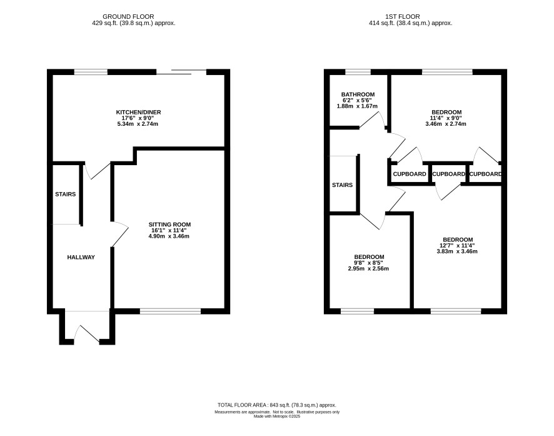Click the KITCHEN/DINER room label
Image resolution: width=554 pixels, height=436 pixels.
tap(139, 113)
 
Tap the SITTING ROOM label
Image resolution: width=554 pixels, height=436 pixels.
tap(169, 225)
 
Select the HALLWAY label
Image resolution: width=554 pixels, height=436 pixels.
tap(81, 257)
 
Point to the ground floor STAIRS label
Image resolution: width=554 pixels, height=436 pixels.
tap(66, 195)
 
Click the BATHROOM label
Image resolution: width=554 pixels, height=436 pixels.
tap(358, 94)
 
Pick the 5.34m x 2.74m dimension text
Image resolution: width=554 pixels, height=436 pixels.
tap(138, 124)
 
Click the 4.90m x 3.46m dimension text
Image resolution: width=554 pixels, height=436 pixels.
tap(169, 236)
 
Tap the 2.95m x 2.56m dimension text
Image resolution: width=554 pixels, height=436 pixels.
tap(368, 268)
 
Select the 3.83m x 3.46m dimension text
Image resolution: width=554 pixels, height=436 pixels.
tap(457, 251)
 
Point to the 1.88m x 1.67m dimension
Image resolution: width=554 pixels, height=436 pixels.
tap(357, 106)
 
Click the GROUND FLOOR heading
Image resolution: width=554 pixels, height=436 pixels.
tap(128, 17)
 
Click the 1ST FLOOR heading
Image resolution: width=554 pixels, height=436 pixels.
tap(403, 17)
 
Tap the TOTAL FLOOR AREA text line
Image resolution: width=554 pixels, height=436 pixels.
tap(276, 405)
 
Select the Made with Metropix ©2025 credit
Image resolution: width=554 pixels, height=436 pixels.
tap(276, 417)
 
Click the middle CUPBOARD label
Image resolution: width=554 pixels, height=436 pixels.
tap(449, 174)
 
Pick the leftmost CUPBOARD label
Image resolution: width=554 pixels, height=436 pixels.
tap(410, 174)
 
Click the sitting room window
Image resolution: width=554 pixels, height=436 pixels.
tap(170, 312)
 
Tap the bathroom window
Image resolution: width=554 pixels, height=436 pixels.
tap(358, 72)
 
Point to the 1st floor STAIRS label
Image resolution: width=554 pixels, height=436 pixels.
tap(343, 185)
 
